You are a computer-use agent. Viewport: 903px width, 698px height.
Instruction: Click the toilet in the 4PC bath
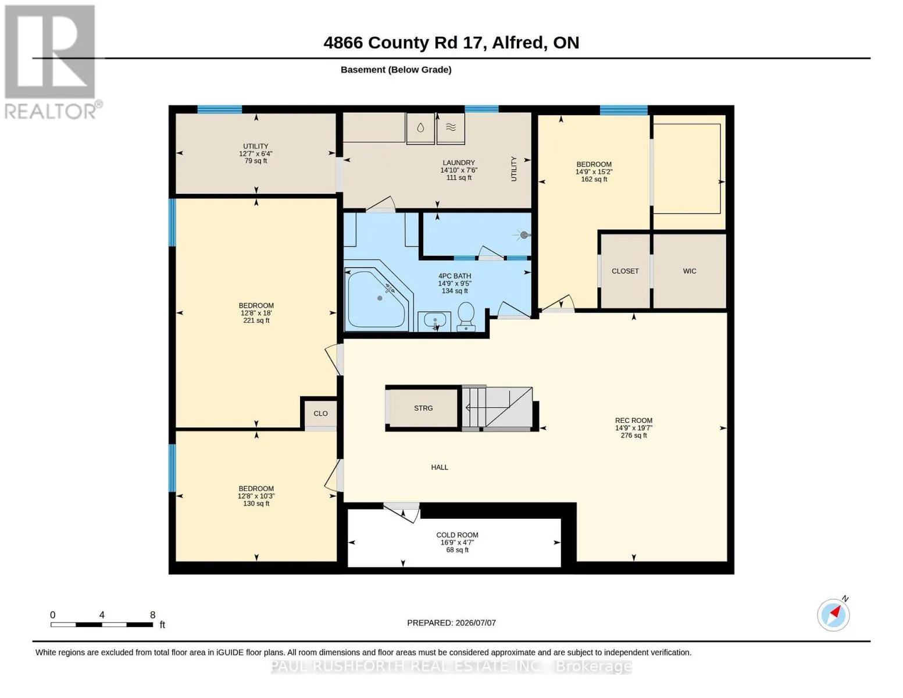tap(466, 317)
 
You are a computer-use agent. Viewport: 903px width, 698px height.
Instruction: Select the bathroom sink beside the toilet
tap(434, 321)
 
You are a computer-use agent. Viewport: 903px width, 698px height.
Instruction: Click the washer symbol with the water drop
tap(420, 127)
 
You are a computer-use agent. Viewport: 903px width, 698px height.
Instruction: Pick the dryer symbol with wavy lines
tap(451, 127)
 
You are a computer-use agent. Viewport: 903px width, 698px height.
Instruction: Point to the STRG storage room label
tap(423, 408)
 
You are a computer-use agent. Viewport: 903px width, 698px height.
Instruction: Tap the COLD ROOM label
tap(457, 535)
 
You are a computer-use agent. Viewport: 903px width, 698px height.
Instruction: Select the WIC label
tap(690, 271)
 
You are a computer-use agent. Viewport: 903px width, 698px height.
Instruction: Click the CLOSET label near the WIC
tap(625, 271)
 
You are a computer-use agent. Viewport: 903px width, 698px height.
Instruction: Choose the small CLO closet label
tap(320, 413)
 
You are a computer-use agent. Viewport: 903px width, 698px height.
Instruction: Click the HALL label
tap(439, 467)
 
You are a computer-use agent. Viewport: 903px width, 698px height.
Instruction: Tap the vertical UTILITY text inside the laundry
tap(513, 169)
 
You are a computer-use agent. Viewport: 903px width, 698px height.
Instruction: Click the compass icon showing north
tap(833, 614)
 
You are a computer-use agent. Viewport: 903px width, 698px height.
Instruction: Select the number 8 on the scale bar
tap(152, 615)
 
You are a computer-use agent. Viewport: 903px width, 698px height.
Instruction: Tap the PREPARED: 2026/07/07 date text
tap(451, 623)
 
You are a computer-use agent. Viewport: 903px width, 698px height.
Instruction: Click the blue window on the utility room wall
tap(219, 109)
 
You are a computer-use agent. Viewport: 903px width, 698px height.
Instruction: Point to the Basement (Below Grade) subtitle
tap(396, 70)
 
